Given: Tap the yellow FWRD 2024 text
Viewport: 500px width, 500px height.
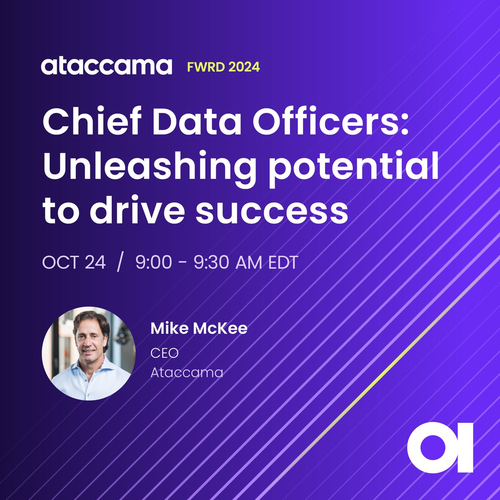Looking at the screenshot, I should click(223, 67).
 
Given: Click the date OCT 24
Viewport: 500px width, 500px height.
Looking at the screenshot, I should click(74, 263).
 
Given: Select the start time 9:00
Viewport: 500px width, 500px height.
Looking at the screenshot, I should click(154, 263).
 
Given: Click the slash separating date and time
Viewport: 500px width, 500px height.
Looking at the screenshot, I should click(120, 263).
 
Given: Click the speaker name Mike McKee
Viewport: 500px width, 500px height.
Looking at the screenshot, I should click(199, 328).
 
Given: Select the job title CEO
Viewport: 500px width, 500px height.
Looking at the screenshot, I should click(164, 353).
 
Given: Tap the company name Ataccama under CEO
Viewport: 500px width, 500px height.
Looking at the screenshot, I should click(186, 372).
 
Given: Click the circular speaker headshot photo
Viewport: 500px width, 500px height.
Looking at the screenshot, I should click(89, 353).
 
